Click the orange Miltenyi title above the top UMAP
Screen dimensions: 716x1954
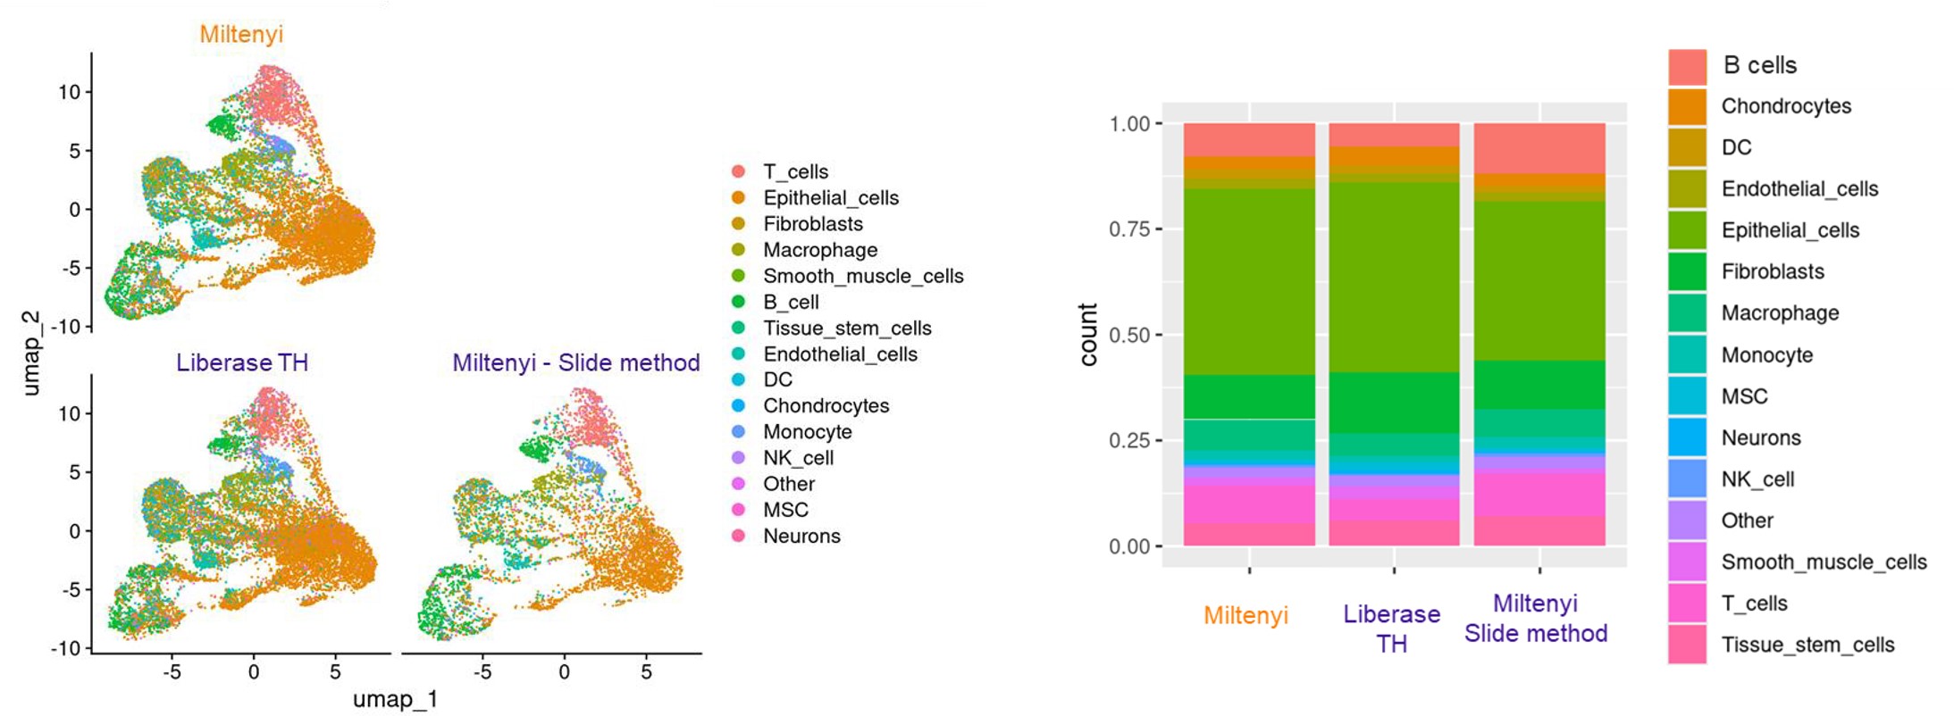tap(241, 34)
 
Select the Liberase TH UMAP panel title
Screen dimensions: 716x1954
tap(242, 362)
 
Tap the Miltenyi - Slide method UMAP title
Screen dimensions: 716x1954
tap(575, 362)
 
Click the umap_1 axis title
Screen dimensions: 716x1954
tap(395, 699)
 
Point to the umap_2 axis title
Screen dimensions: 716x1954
tap(30, 353)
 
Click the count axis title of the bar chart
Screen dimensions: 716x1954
tap(1087, 335)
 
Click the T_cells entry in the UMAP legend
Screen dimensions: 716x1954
tap(795, 171)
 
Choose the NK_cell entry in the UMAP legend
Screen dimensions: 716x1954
tap(798, 458)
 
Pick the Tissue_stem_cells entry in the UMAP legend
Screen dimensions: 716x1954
tap(846, 328)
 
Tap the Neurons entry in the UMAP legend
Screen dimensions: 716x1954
tap(801, 536)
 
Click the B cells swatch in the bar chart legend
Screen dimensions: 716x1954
tap(1687, 66)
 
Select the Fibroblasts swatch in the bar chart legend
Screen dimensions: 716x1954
tap(1687, 271)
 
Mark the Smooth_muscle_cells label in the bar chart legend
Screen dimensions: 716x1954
tap(1824, 562)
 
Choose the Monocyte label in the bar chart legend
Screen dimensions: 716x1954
tap(1766, 354)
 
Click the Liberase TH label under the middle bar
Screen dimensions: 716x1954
tap(1392, 629)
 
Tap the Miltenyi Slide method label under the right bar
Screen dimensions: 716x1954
tap(1536, 618)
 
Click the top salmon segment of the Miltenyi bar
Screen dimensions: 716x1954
tap(1249, 139)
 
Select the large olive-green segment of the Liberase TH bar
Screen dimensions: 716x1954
tap(1394, 277)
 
